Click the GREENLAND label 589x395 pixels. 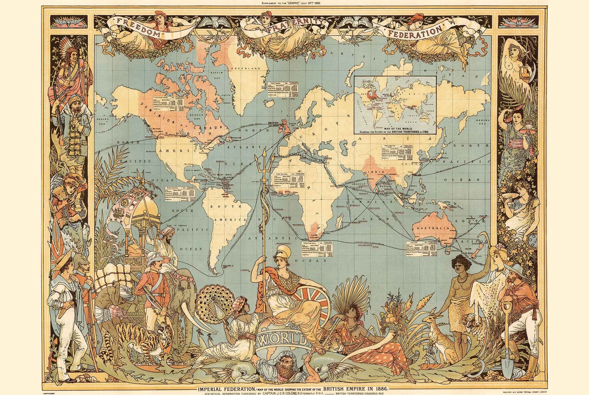click(245, 69)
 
